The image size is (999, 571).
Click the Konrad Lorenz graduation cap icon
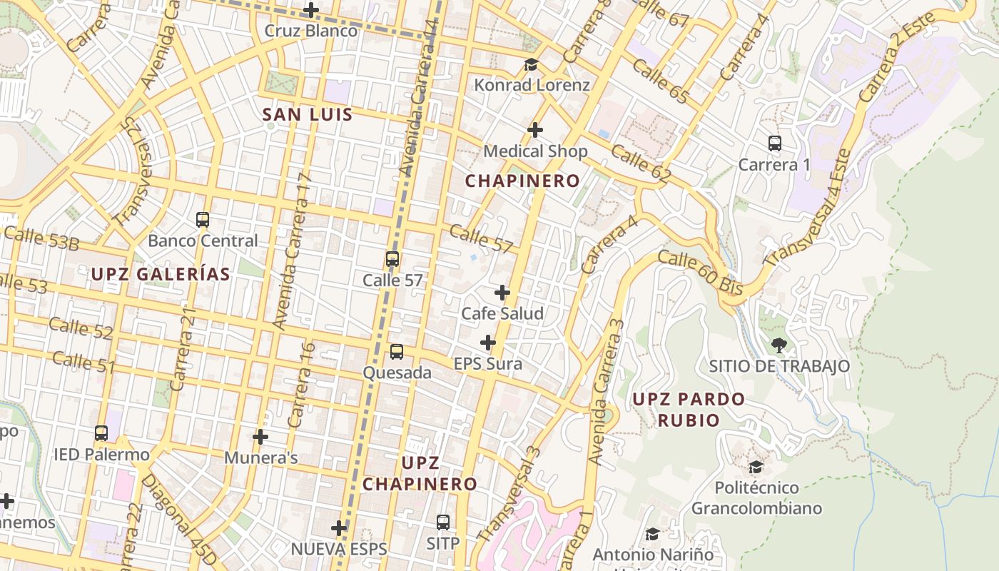(531, 65)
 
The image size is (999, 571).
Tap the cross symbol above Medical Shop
(535, 130)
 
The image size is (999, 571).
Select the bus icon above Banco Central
(203, 219)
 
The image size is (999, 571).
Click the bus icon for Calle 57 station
(392, 259)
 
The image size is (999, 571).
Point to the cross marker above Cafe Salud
(502, 293)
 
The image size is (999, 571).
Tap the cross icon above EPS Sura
(488, 343)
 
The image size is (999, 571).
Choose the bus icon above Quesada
(396, 351)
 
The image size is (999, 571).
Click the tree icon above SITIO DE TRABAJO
(779, 345)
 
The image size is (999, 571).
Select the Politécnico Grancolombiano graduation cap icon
(756, 467)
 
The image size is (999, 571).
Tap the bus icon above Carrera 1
(775, 143)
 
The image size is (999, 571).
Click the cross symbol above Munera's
(260, 436)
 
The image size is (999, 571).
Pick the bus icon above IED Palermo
(101, 433)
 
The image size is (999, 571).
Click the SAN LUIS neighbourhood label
(307, 114)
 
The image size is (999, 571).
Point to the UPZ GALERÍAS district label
(161, 274)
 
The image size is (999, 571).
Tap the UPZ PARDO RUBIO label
(689, 410)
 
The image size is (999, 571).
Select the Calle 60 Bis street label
(700, 273)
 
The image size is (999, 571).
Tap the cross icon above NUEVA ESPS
(339, 528)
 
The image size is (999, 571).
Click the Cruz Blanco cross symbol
(311, 10)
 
